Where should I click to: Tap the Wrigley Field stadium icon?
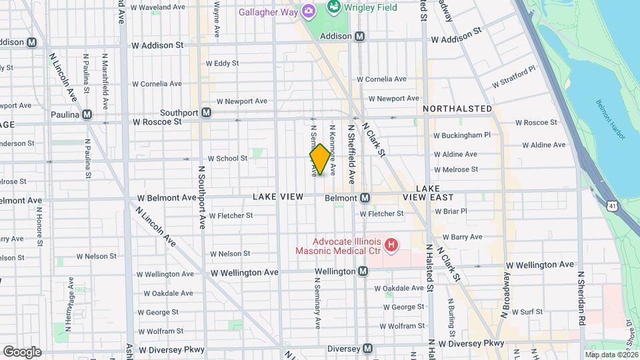334,8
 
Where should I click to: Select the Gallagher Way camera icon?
308,11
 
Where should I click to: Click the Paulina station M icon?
87,115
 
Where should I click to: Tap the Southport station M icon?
207,113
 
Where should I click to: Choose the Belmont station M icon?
365,198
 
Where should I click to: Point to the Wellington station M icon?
363,271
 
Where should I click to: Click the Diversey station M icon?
367,349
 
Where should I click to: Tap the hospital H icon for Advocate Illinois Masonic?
391,246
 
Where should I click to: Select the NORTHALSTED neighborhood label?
457,109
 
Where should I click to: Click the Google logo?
22,351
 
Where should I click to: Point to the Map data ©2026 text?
611,355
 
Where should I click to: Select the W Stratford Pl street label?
513,77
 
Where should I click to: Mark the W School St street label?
227,159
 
